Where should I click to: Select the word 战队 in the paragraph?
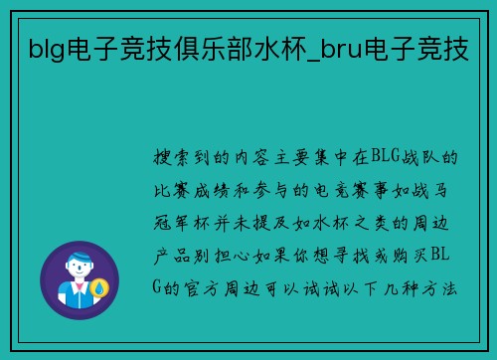pyautogui.click(x=435, y=157)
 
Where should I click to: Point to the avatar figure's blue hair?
pyautogui.click(x=79, y=255)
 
